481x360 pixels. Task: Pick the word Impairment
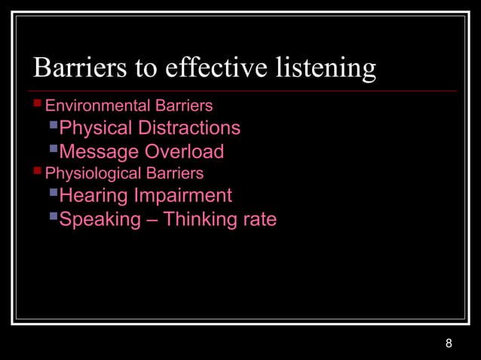[182, 197]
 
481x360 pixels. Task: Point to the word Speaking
[100, 220]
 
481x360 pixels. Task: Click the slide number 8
[449, 344]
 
